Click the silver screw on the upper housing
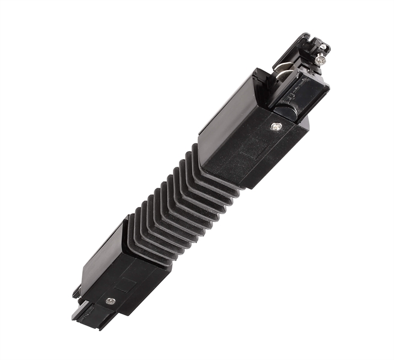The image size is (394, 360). point(276,127)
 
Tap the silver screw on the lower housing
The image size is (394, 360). point(110,301)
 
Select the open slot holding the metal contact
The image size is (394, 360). point(279,75)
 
